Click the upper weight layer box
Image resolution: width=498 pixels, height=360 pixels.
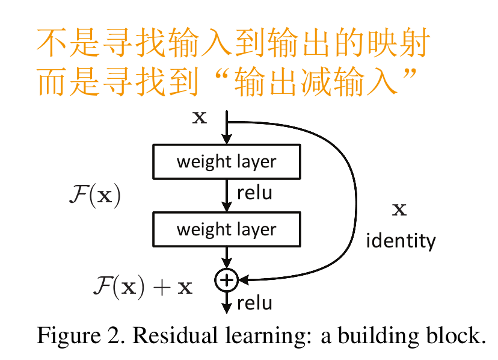226,162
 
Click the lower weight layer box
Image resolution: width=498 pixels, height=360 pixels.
226,229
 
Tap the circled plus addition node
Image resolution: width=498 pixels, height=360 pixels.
227,279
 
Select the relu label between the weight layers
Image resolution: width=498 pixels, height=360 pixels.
254,193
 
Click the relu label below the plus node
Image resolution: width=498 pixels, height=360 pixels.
254,303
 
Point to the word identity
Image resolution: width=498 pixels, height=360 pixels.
401,241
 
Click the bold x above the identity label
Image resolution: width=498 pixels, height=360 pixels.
399,210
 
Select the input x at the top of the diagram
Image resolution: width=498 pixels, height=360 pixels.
199,117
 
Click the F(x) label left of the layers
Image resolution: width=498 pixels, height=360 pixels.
96,196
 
